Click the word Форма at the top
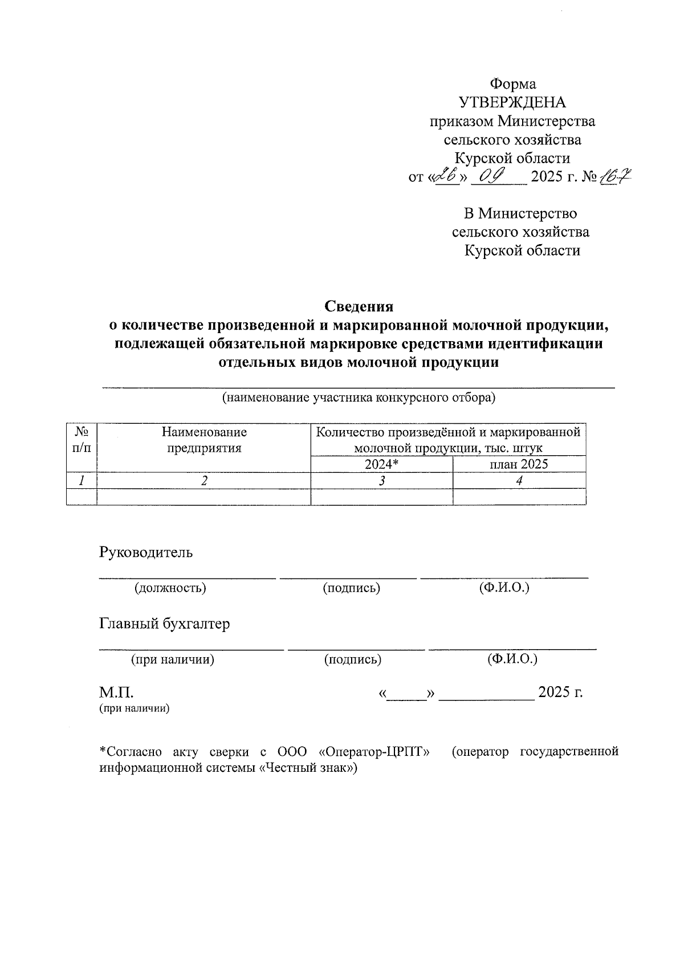click(x=514, y=84)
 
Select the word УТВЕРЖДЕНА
click(x=512, y=103)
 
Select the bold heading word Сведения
click(x=359, y=306)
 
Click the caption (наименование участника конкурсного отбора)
click(x=359, y=398)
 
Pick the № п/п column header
click(x=82, y=440)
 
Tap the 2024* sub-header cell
click(x=381, y=464)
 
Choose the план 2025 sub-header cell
click(x=519, y=464)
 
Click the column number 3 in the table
click(x=381, y=481)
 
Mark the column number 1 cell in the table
click(x=82, y=481)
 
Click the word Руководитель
click(x=146, y=552)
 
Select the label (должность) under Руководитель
click(x=170, y=588)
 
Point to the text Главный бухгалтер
click(x=165, y=623)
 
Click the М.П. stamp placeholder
click(x=117, y=692)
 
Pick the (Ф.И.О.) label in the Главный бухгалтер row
click(x=512, y=659)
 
